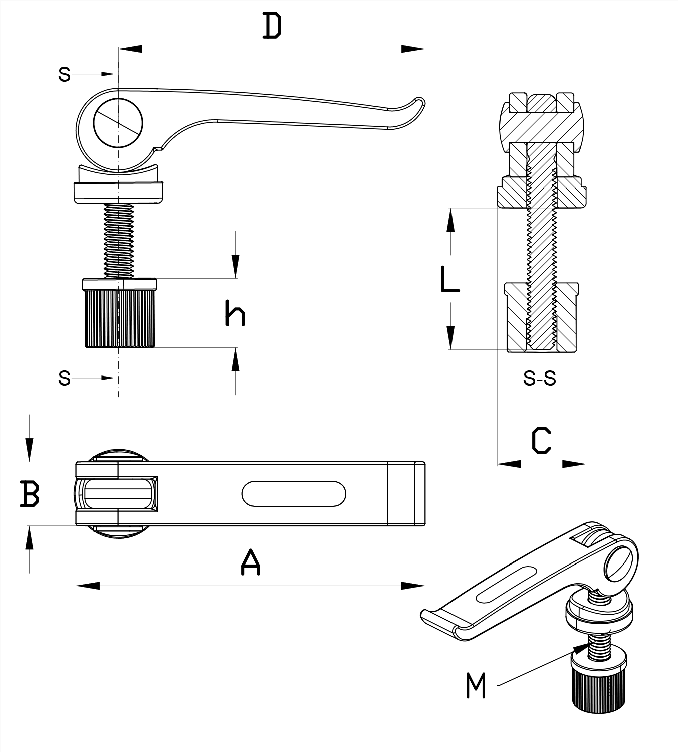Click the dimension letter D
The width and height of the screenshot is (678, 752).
point(272,27)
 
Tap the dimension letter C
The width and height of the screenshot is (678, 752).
point(541,441)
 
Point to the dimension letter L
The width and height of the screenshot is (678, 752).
point(449,280)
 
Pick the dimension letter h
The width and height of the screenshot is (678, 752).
point(235,314)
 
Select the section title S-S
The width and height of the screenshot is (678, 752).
point(540,379)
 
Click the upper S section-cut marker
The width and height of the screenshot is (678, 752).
point(64,74)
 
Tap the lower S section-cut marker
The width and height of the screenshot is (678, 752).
point(64,378)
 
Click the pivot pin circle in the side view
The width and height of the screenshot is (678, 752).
point(118,122)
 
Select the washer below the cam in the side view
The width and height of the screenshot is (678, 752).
point(119,192)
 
